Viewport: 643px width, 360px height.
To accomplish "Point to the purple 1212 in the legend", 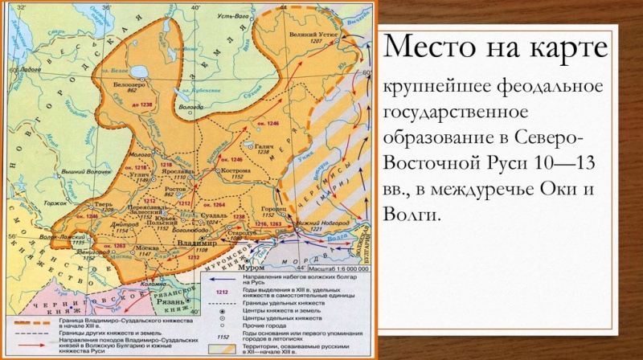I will (211, 292).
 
